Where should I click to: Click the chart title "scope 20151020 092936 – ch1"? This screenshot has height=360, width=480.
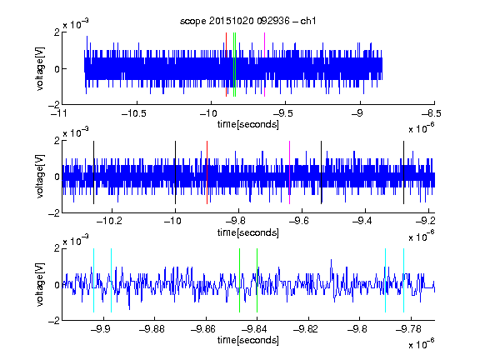[247, 21]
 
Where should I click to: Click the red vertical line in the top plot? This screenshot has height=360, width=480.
[226, 65]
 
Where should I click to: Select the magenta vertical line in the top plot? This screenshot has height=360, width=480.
[264, 65]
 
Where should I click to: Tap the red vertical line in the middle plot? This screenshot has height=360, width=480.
[207, 172]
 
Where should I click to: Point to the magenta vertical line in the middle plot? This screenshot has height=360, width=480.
[290, 172]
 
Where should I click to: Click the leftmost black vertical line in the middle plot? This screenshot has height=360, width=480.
[93, 172]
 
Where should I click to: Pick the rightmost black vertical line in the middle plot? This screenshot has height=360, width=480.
[403, 172]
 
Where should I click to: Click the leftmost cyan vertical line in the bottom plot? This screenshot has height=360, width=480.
[93, 280]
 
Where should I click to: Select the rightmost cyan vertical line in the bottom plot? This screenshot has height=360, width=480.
[403, 280]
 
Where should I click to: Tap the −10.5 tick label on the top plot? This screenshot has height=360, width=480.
[134, 113]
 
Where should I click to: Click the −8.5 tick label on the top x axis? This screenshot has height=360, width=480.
[432, 113]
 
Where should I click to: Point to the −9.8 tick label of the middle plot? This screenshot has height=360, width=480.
[237, 221]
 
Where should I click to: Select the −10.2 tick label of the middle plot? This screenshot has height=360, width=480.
[110, 221]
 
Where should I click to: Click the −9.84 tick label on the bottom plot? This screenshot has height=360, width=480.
[254, 329]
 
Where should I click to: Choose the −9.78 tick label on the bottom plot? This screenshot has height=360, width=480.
[408, 329]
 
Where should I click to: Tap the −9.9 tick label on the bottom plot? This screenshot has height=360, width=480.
[100, 329]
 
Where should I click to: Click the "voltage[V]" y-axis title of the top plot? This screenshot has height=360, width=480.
[40, 68]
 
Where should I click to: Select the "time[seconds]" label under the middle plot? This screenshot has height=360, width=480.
[248, 232]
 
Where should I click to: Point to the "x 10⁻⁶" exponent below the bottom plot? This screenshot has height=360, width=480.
[422, 343]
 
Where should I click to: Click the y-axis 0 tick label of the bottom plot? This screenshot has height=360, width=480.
[57, 285]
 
